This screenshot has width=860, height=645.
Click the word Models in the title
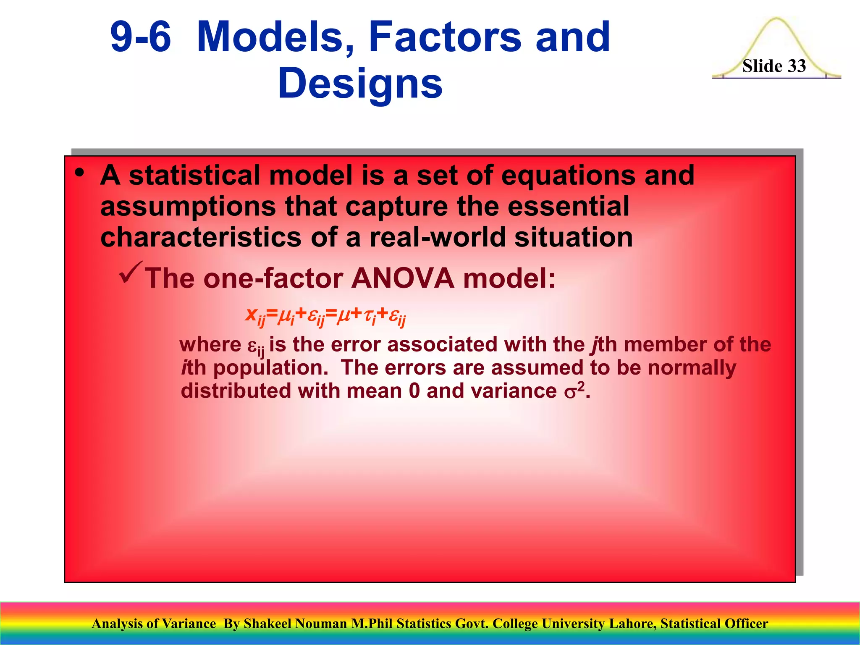tap(275, 38)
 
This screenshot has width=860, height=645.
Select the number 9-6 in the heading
tap(141, 38)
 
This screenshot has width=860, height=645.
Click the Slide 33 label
tap(774, 66)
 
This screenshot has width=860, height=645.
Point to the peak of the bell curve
tap(776, 19)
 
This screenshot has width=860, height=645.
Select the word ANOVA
tap(403, 278)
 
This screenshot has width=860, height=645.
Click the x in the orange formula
tap(251, 314)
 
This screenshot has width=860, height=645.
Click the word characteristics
tap(201, 237)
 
